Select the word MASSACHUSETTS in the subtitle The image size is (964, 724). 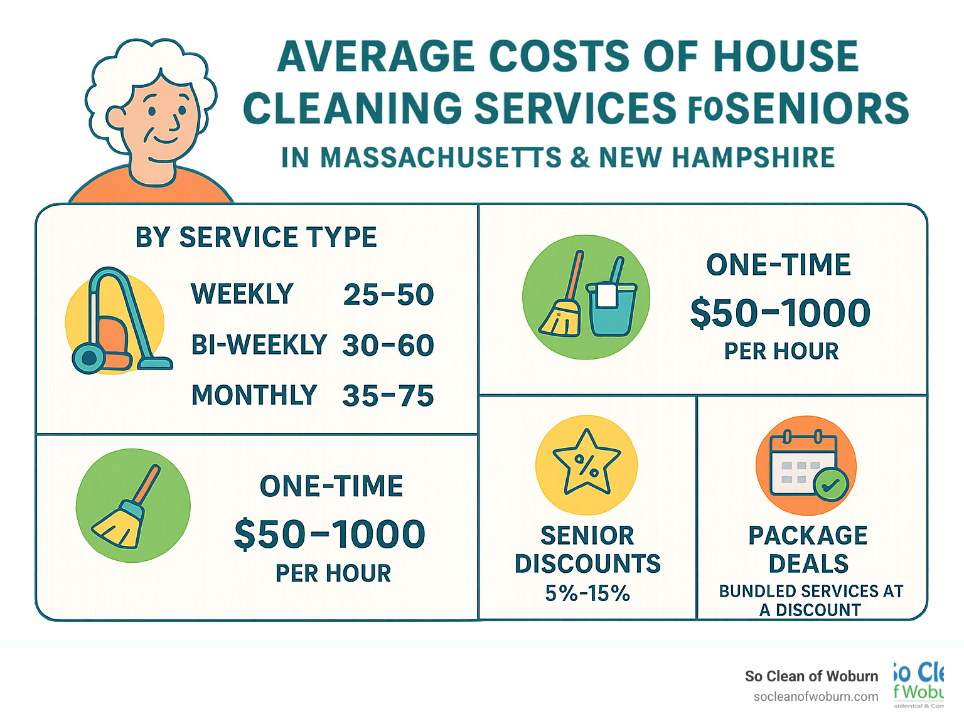point(441,157)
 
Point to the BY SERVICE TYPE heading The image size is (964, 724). point(255,238)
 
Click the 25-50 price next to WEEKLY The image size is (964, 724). point(388,295)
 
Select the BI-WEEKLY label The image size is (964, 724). point(259,345)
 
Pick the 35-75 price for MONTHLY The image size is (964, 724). point(388,396)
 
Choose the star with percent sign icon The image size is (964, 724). point(586,465)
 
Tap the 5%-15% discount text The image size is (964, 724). point(587,593)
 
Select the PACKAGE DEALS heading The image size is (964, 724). point(808,550)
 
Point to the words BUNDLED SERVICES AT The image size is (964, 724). point(811,591)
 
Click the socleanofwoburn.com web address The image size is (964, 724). point(816,696)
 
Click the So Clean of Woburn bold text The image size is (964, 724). point(811,676)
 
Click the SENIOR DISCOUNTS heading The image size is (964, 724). point(587,550)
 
